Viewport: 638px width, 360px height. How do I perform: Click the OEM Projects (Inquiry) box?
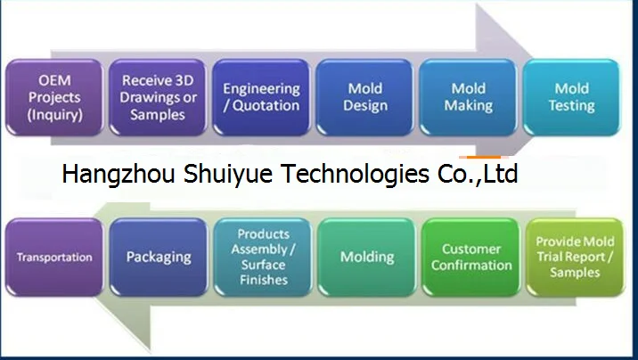click(x=54, y=97)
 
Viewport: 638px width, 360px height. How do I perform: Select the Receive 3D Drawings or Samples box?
click(x=158, y=97)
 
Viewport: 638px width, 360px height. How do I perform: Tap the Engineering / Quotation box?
click(x=261, y=97)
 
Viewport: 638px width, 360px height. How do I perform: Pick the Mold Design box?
click(x=364, y=97)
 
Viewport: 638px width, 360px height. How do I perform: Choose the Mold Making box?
click(x=469, y=97)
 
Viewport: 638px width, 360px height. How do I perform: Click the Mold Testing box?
click(x=572, y=97)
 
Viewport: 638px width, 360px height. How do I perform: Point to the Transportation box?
click(x=54, y=258)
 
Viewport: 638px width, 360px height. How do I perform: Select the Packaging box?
click(x=158, y=258)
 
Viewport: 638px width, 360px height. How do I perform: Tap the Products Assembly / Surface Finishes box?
click(x=263, y=258)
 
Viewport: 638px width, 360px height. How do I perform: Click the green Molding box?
click(x=366, y=258)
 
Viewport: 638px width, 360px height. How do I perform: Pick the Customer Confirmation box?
click(x=470, y=258)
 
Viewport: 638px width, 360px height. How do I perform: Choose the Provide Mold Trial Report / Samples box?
click(x=575, y=258)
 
